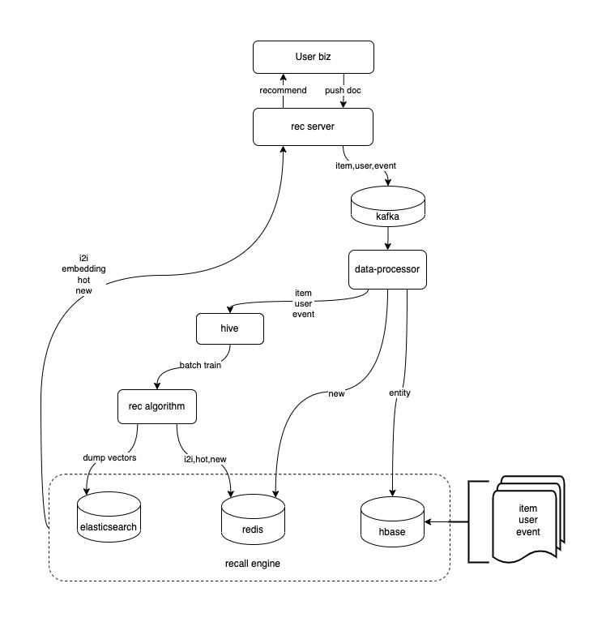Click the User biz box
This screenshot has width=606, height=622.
(313, 57)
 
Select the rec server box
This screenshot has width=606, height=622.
(313, 127)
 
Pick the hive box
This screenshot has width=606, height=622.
(230, 328)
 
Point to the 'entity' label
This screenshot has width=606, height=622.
(400, 393)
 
